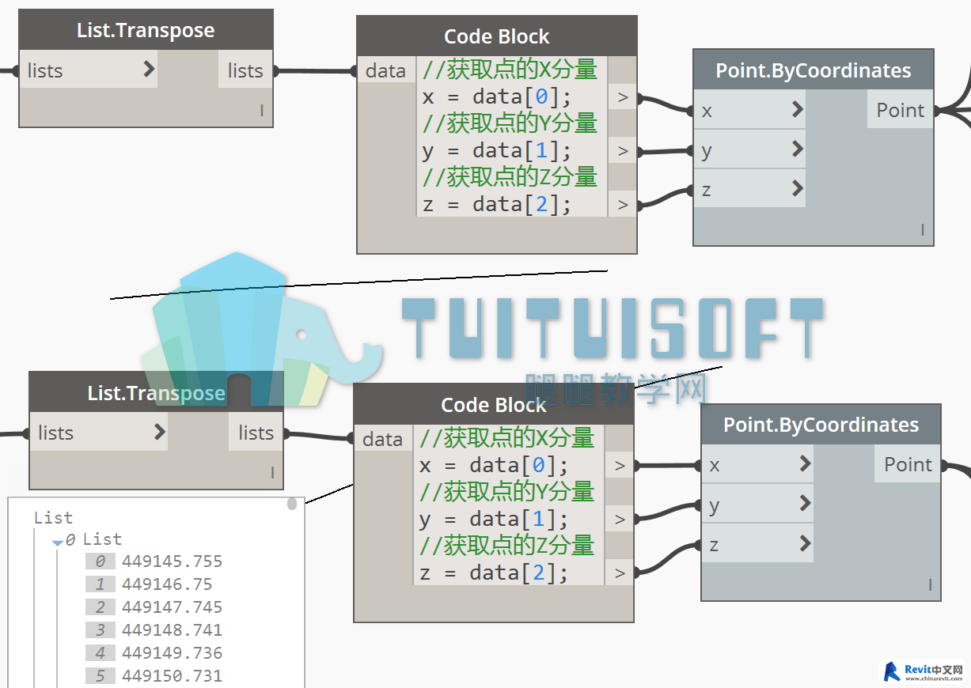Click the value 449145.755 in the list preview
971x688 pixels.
click(172, 561)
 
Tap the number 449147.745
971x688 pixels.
click(172, 607)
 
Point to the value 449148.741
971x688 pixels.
click(172, 630)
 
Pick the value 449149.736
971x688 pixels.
click(172, 653)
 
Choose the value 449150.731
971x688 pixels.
click(172, 676)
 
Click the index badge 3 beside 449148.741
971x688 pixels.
click(100, 630)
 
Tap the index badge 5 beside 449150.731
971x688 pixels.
click(100, 676)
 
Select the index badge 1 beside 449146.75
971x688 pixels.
click(100, 584)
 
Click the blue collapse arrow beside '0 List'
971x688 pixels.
click(57, 542)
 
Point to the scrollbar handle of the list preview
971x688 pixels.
click(292, 504)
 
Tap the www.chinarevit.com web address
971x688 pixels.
click(934, 679)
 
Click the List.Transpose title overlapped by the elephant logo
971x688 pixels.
click(156, 393)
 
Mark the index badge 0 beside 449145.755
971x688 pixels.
click(100, 561)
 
